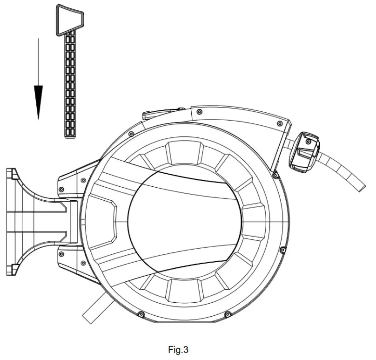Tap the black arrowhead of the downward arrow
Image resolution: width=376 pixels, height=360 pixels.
pos(38,102)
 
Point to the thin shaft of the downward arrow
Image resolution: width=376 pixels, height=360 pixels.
pos(38,61)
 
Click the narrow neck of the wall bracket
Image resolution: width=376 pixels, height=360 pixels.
pos(56,221)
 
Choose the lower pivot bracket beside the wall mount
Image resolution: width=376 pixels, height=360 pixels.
pos(74,261)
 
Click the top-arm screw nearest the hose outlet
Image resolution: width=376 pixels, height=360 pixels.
pos(280,123)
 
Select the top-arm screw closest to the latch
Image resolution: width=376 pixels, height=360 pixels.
pos(199,112)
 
